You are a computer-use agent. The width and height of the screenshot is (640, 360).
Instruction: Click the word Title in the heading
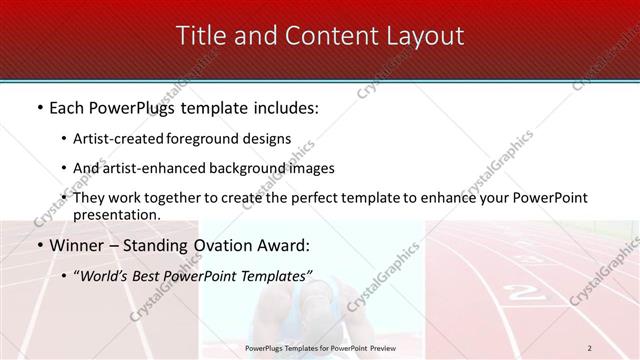pyautogui.click(x=199, y=36)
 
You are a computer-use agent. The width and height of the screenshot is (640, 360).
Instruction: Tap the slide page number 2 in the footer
pyautogui.click(x=590, y=347)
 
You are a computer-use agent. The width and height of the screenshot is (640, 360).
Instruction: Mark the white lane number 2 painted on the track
pyautogui.click(x=519, y=293)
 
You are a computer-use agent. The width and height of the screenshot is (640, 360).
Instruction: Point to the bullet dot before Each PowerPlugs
pyautogui.click(x=39, y=106)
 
